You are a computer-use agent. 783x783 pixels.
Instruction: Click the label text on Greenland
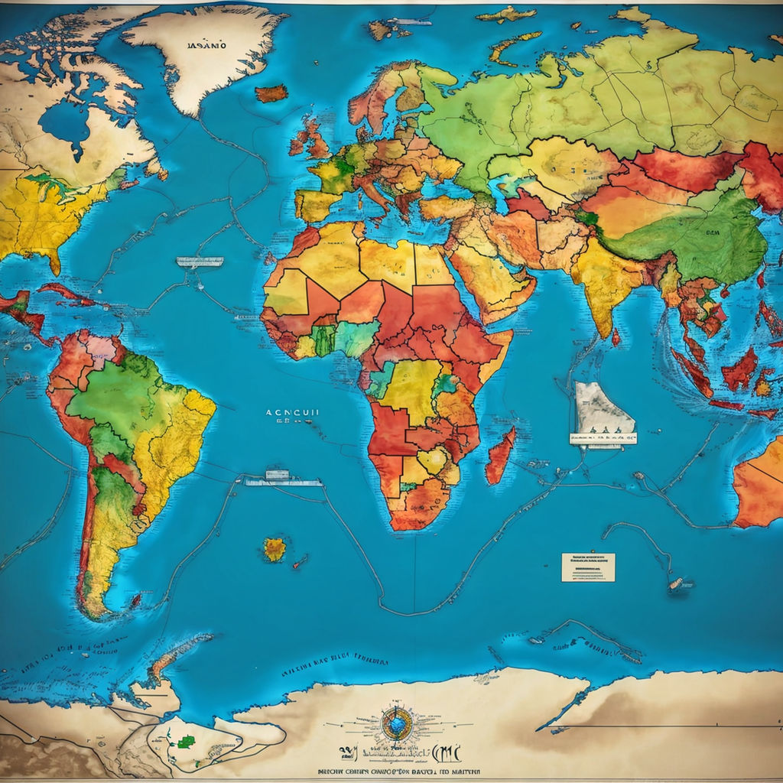point(206,45)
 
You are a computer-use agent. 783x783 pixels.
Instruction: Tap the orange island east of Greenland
point(271,93)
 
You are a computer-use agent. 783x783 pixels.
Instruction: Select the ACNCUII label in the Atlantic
point(293,412)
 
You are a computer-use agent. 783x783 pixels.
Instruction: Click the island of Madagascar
point(500,456)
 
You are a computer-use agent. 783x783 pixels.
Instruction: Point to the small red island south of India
point(616,337)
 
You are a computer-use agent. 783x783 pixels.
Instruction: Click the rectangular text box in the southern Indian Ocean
point(588,567)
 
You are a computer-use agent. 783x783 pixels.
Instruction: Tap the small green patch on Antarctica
point(186,741)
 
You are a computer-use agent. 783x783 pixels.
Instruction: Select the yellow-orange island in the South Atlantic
point(275,548)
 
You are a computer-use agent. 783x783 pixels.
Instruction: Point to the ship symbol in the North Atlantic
point(200,262)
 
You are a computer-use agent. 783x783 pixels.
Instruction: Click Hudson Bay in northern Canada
point(66,122)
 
